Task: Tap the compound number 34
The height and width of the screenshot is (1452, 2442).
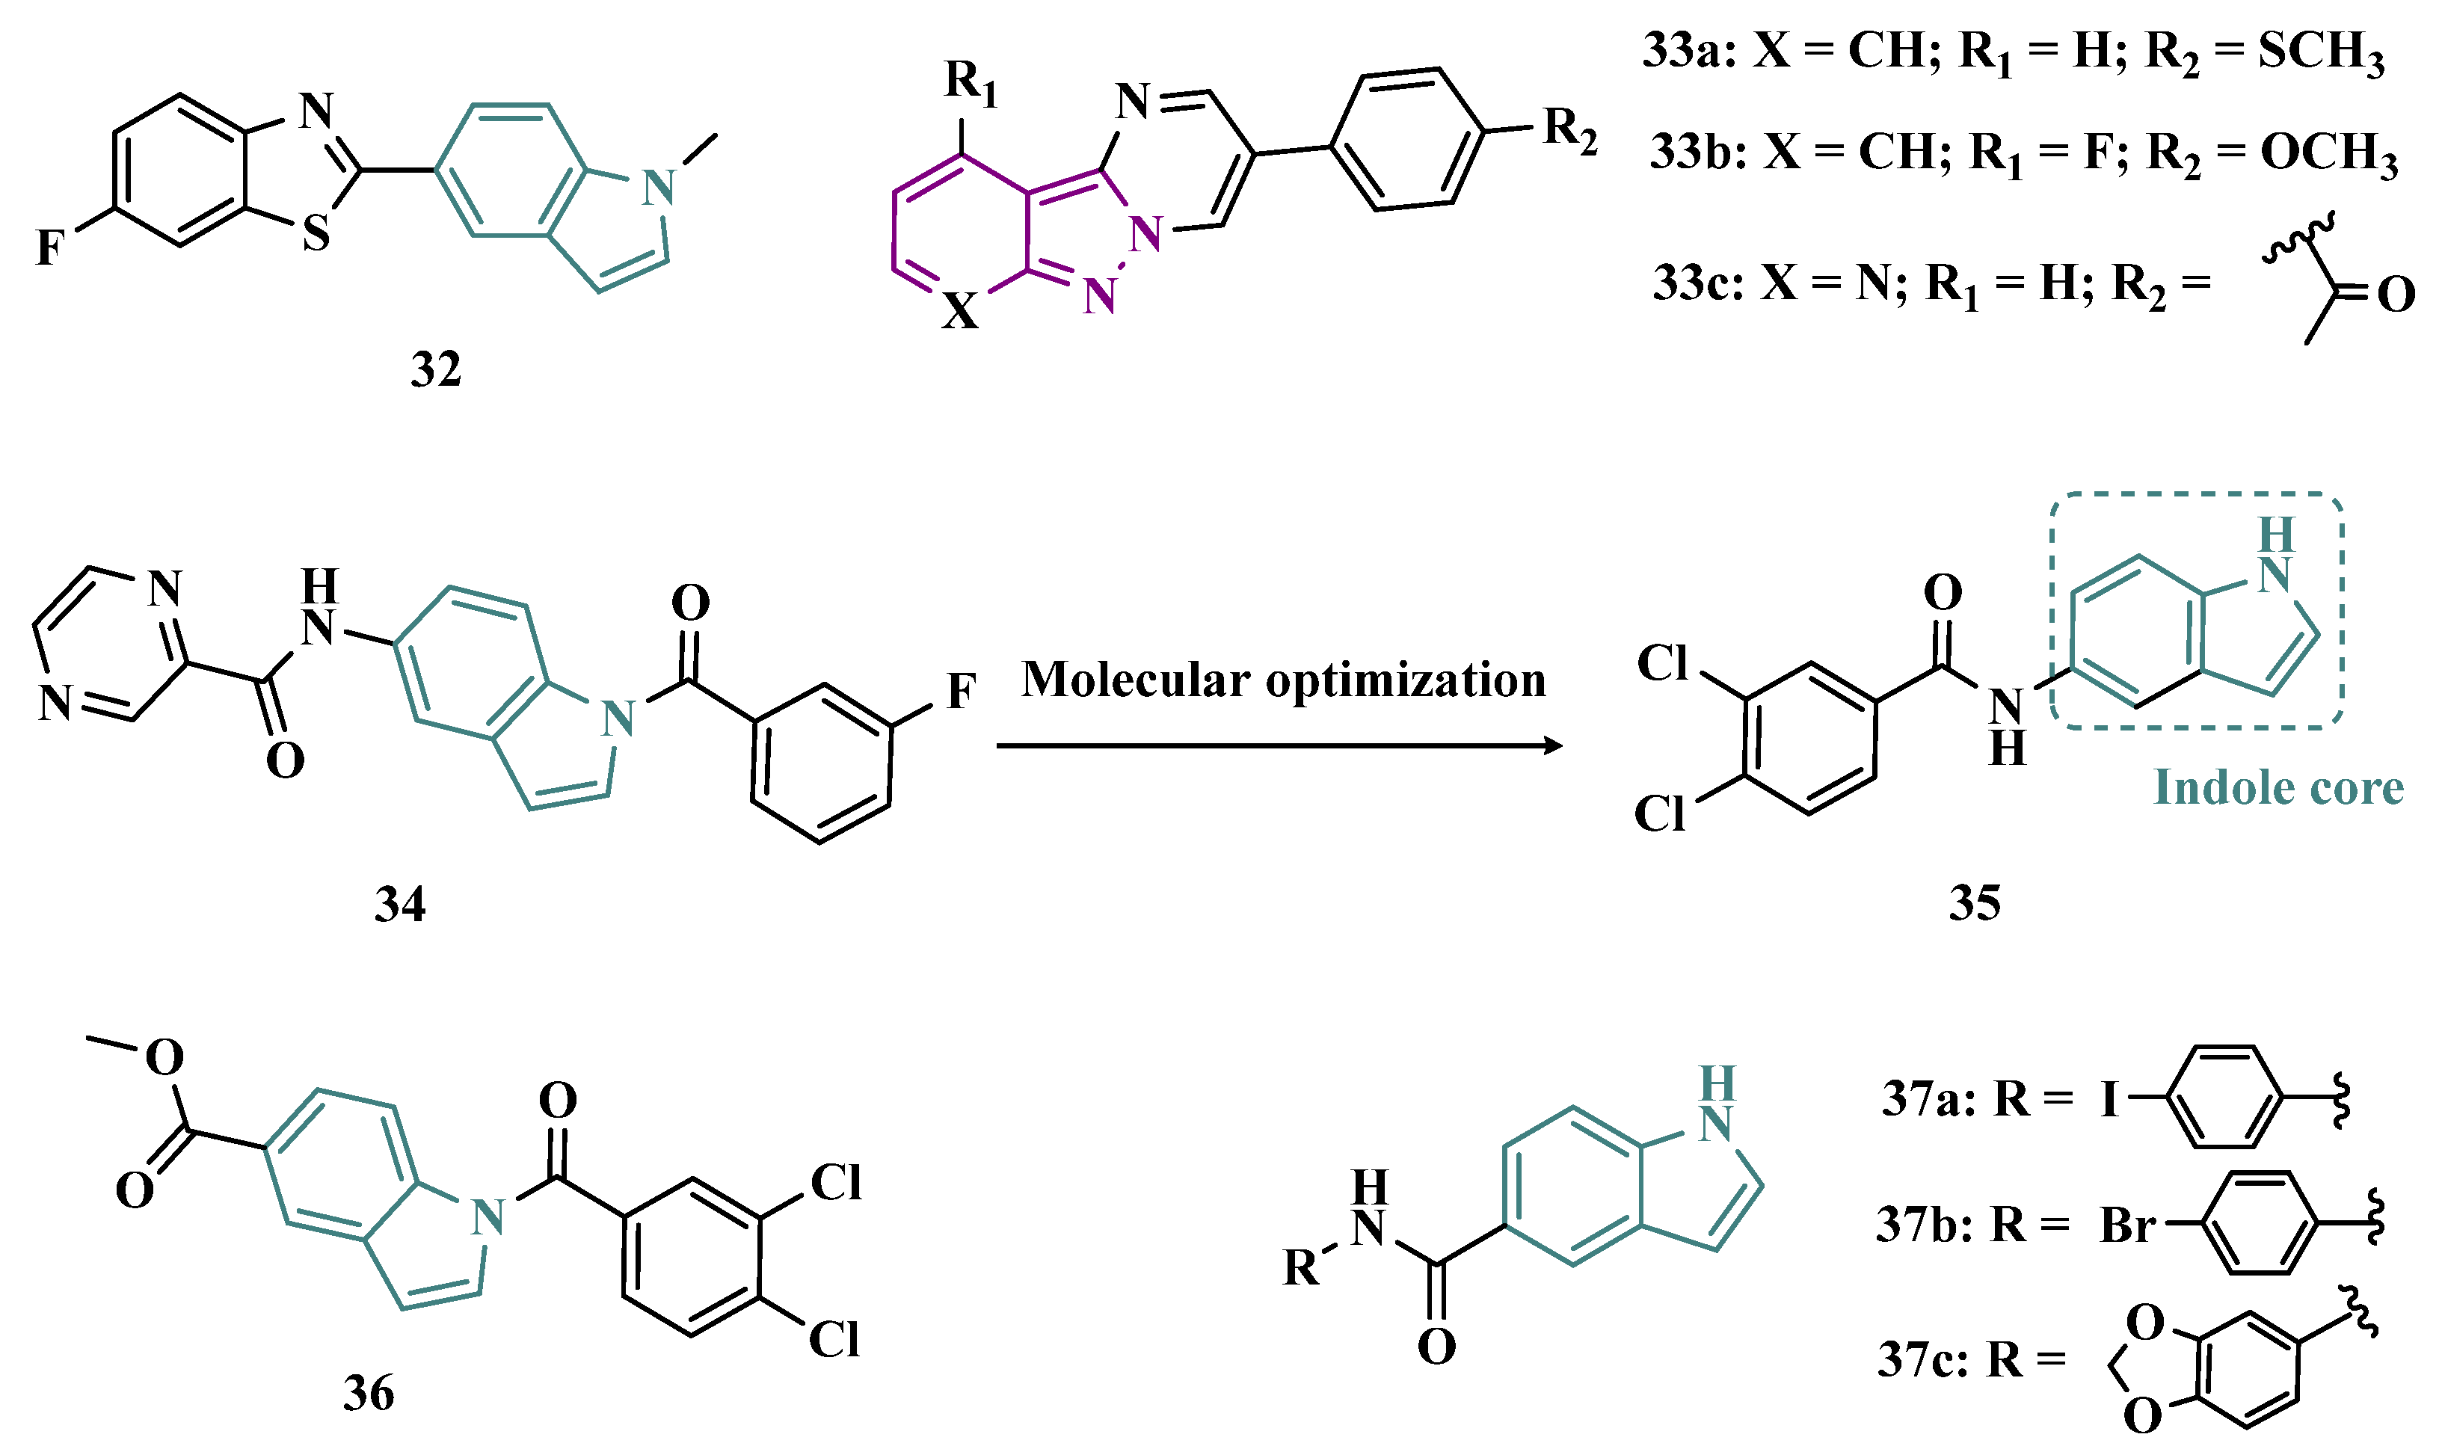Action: coord(400,904)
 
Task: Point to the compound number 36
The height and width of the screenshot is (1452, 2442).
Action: coord(369,1393)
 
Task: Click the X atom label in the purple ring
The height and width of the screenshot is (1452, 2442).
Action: coord(960,311)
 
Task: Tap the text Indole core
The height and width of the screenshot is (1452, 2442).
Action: coord(2278,787)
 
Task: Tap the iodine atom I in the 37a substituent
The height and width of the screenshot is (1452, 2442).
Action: coord(2110,1100)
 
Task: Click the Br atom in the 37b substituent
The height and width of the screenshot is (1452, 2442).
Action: coord(2128,1225)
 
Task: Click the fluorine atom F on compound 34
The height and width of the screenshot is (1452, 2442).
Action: coord(961,692)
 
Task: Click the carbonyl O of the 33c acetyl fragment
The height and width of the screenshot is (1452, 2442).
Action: coord(2396,295)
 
